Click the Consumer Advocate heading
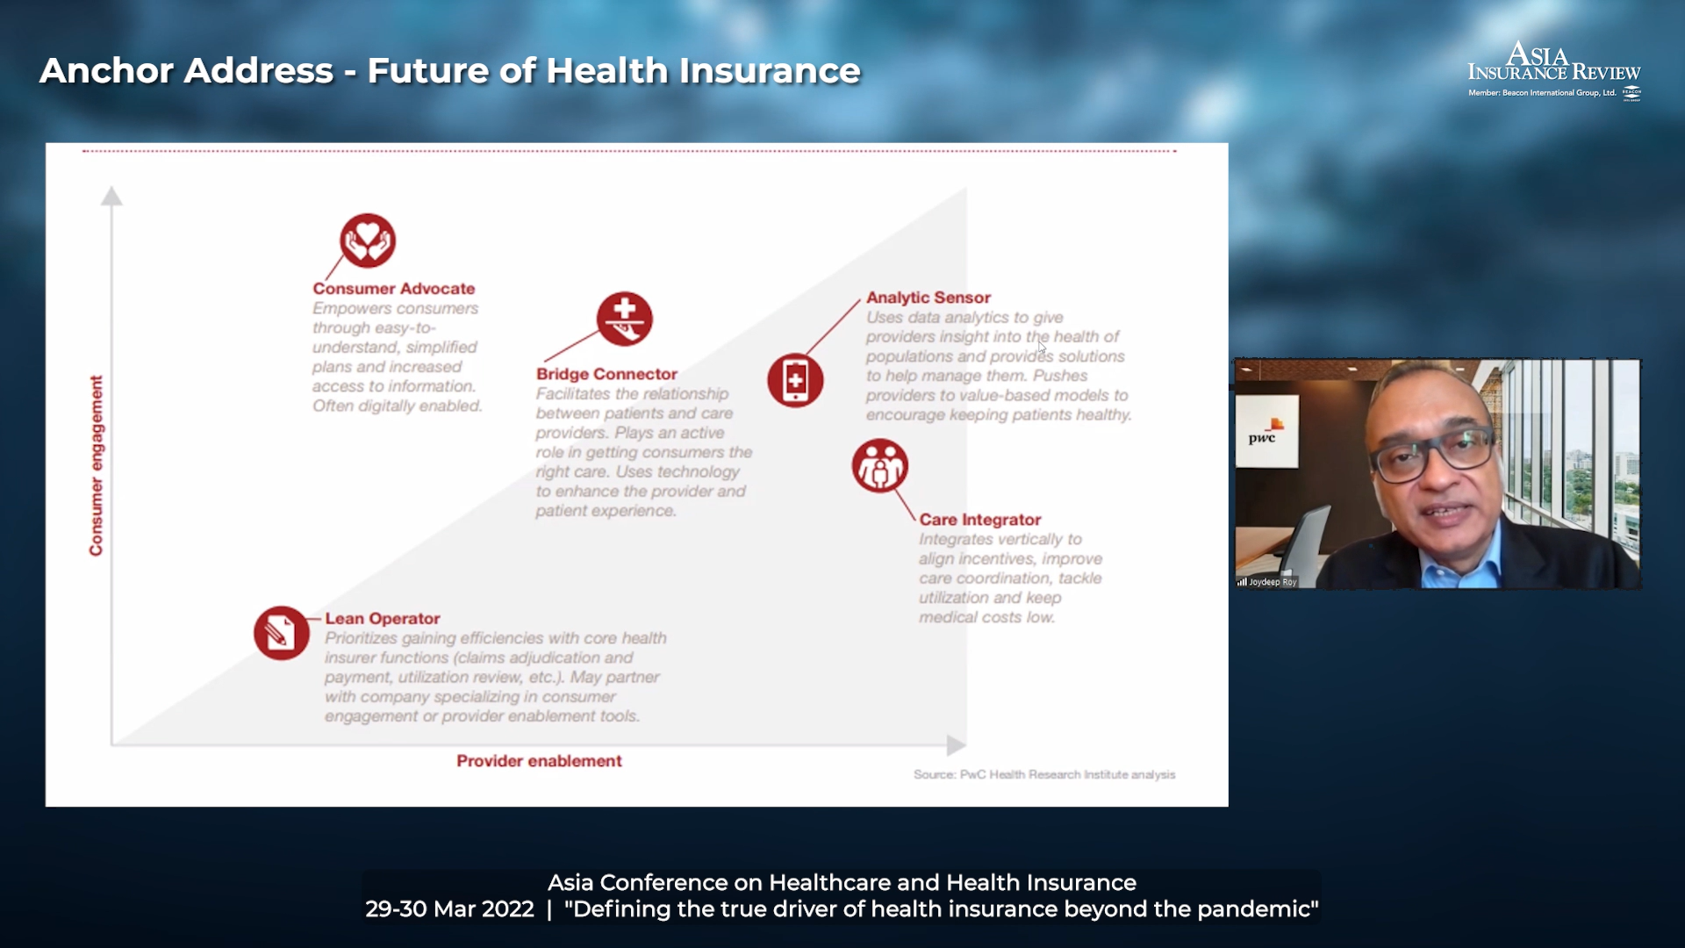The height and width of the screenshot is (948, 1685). (x=394, y=289)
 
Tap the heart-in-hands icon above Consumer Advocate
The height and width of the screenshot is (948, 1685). (x=368, y=241)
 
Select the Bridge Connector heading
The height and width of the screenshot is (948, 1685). (x=607, y=374)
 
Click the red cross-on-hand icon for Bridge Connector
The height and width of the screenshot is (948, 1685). (x=625, y=319)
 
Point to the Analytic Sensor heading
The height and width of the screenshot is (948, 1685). (x=929, y=298)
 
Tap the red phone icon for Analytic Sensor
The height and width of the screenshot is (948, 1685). (x=795, y=380)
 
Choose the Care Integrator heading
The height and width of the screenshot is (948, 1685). (x=980, y=520)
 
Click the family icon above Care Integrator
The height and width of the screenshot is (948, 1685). (x=879, y=465)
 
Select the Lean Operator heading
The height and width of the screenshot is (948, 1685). (x=383, y=619)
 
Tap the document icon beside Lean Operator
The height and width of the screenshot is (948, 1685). (x=282, y=633)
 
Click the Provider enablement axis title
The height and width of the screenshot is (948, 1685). (x=539, y=761)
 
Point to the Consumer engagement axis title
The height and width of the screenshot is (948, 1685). (x=97, y=465)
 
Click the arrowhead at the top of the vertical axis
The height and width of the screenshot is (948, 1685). (x=111, y=196)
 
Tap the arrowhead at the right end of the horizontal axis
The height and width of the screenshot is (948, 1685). (x=957, y=745)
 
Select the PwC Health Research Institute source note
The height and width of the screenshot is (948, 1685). (x=1044, y=774)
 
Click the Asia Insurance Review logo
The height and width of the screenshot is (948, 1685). (x=1554, y=70)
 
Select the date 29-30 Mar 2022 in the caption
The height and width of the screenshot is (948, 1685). (x=449, y=909)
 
